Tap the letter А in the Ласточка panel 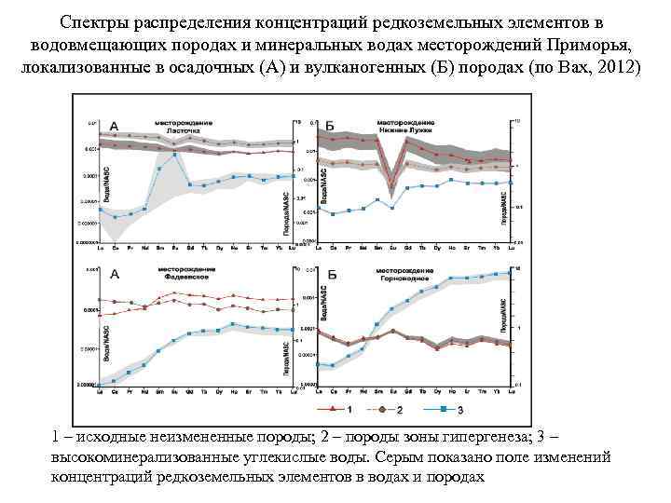pyautogui.click(x=114, y=128)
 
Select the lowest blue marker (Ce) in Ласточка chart pyautogui.click(x=115, y=218)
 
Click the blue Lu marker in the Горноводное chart pyautogui.click(x=510, y=272)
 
